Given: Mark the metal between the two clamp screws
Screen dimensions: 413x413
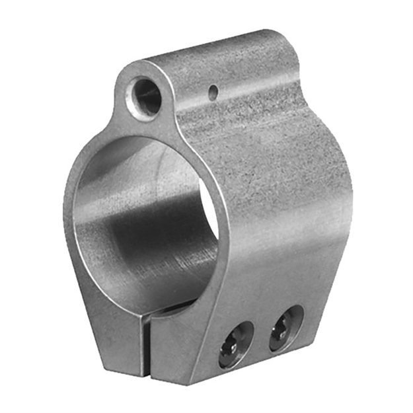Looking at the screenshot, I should tap(262, 337).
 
